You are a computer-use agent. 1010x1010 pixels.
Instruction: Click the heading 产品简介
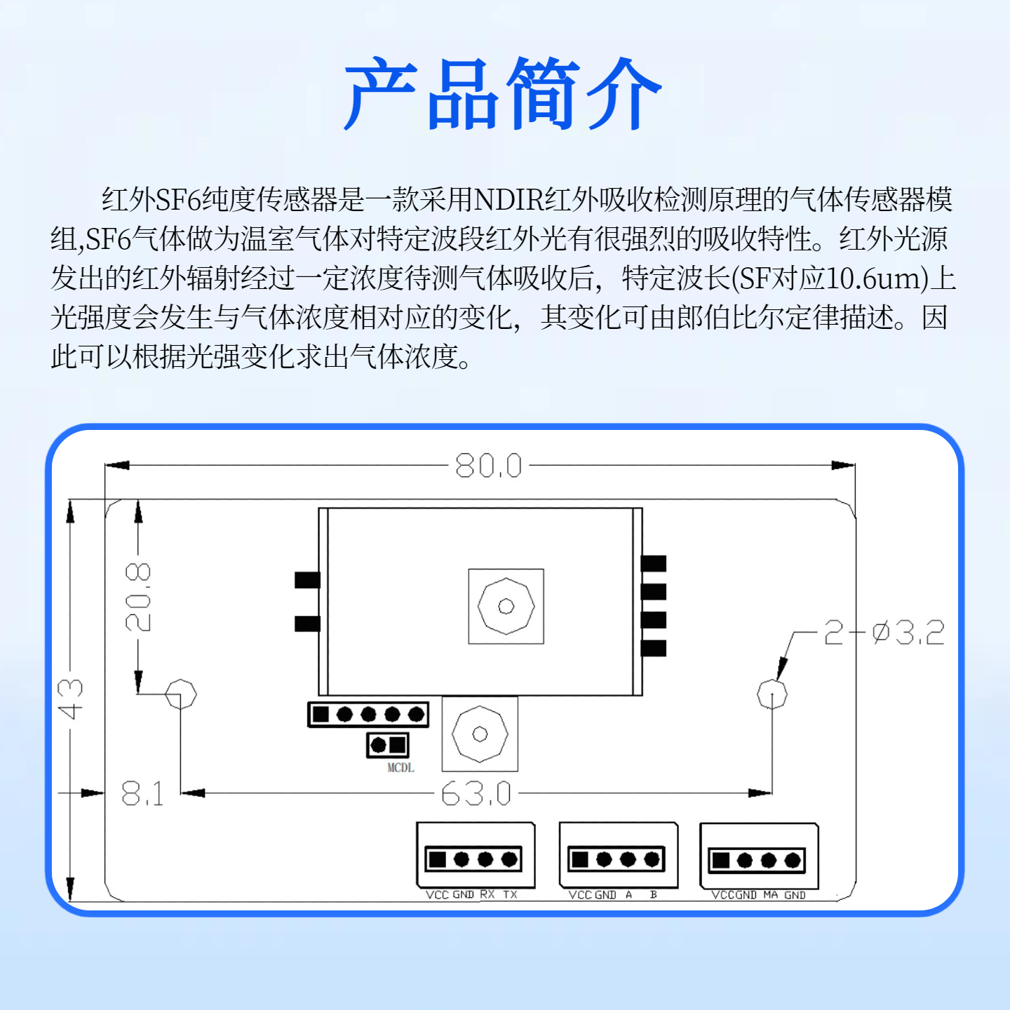(x=503, y=94)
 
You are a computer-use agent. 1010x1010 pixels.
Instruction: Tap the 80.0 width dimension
(x=489, y=466)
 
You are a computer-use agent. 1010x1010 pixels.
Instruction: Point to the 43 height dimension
(x=71, y=699)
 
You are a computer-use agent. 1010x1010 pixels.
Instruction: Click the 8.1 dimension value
(x=142, y=794)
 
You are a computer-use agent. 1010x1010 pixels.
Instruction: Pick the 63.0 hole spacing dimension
(x=476, y=794)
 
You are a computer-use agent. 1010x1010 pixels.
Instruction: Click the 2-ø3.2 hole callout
(x=884, y=633)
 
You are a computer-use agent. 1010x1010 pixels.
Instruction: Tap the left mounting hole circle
(x=181, y=694)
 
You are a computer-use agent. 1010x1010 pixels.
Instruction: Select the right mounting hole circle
(x=772, y=694)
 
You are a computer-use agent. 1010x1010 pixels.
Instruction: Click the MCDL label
(x=400, y=768)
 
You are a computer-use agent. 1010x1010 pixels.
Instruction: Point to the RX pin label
(x=487, y=894)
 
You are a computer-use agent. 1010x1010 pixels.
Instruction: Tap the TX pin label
(x=510, y=894)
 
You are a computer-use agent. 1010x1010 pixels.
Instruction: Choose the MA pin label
(x=771, y=895)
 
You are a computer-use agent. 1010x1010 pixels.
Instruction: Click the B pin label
(x=653, y=894)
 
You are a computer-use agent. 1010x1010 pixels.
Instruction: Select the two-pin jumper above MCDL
(x=388, y=744)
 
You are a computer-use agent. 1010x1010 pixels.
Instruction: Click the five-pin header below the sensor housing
(x=368, y=714)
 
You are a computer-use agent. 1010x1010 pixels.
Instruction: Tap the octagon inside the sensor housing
(x=506, y=606)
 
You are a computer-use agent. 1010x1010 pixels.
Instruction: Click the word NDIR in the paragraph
(x=509, y=200)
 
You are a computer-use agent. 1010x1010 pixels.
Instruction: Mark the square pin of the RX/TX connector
(x=437, y=859)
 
